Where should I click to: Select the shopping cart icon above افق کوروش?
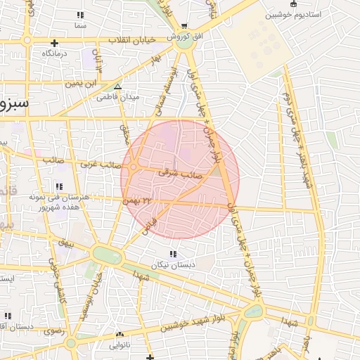(184, 25)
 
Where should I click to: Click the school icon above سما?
(80, 15)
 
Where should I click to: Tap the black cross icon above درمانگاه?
(54, 43)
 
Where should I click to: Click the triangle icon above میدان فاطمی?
(117, 86)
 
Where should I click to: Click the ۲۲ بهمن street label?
(138, 201)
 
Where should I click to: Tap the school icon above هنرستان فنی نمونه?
(60, 186)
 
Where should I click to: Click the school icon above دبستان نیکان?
(173, 254)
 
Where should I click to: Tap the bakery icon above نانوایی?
(120, 335)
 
